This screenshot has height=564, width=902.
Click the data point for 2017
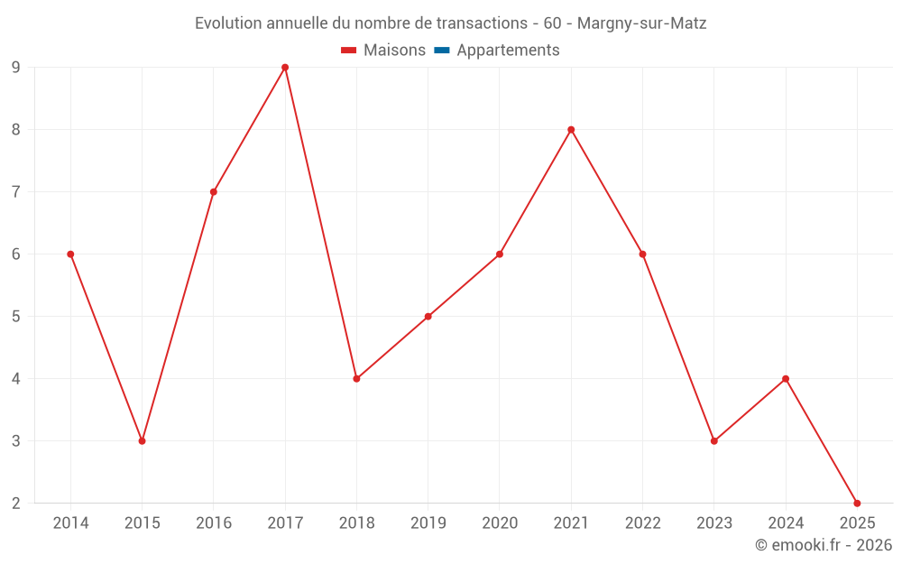285,68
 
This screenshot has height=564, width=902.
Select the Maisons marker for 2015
142,441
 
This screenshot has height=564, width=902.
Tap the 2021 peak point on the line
571,130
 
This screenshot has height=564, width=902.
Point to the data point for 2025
857,504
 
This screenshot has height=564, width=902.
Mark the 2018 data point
356,379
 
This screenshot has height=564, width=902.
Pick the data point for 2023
714,441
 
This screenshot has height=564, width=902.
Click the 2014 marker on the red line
70,254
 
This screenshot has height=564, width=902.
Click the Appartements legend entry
508,51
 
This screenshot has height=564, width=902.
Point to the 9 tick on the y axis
16,68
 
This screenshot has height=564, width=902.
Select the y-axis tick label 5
16,317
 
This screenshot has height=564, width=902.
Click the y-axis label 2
16,504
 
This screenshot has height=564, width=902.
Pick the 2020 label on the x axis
500,523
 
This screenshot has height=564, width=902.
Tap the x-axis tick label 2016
214,523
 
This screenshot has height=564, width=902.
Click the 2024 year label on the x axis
786,523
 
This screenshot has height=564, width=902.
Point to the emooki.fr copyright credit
824,545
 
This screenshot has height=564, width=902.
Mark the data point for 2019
428,317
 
